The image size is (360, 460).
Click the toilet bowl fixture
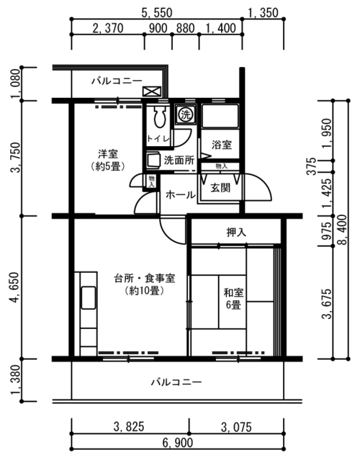(160, 117)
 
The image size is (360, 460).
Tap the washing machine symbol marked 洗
(185, 114)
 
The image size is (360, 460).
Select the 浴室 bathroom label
(222, 145)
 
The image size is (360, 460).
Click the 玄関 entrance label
(220, 188)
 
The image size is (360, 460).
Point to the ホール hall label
(181, 195)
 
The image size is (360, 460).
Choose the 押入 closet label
(236, 233)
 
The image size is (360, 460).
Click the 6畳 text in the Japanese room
(233, 305)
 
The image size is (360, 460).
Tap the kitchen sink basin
(89, 298)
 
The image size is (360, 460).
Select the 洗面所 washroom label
(179, 161)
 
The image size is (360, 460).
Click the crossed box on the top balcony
(152, 91)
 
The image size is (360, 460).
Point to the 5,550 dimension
(157, 13)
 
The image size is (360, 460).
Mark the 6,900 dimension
(178, 443)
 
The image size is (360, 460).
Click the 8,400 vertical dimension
(342, 230)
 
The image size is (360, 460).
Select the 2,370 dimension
(108, 29)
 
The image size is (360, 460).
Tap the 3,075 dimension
(236, 427)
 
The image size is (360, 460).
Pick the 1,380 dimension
(16, 380)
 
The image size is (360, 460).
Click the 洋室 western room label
(108, 153)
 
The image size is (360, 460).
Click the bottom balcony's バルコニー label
(176, 382)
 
